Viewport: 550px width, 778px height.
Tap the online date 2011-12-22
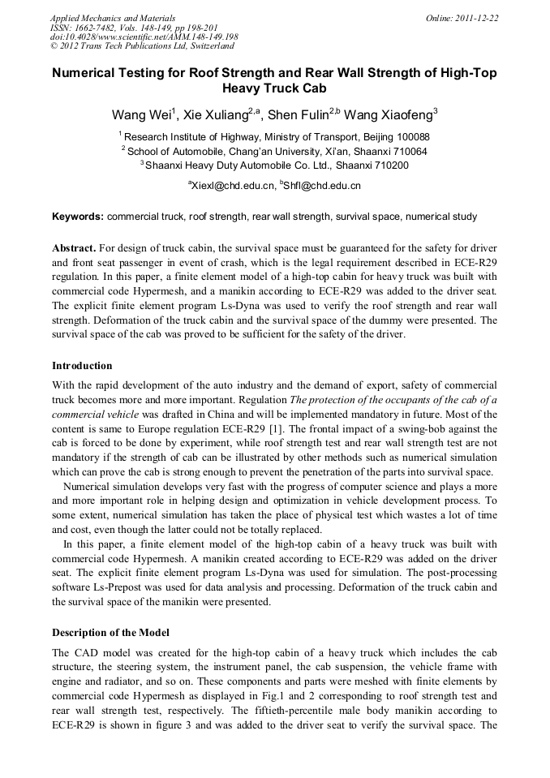(x=475, y=17)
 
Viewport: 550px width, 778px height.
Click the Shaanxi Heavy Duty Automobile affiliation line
(x=274, y=165)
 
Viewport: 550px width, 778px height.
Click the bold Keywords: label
(x=78, y=217)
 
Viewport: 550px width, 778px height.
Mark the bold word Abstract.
(x=75, y=247)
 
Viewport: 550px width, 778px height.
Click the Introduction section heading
(x=82, y=366)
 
